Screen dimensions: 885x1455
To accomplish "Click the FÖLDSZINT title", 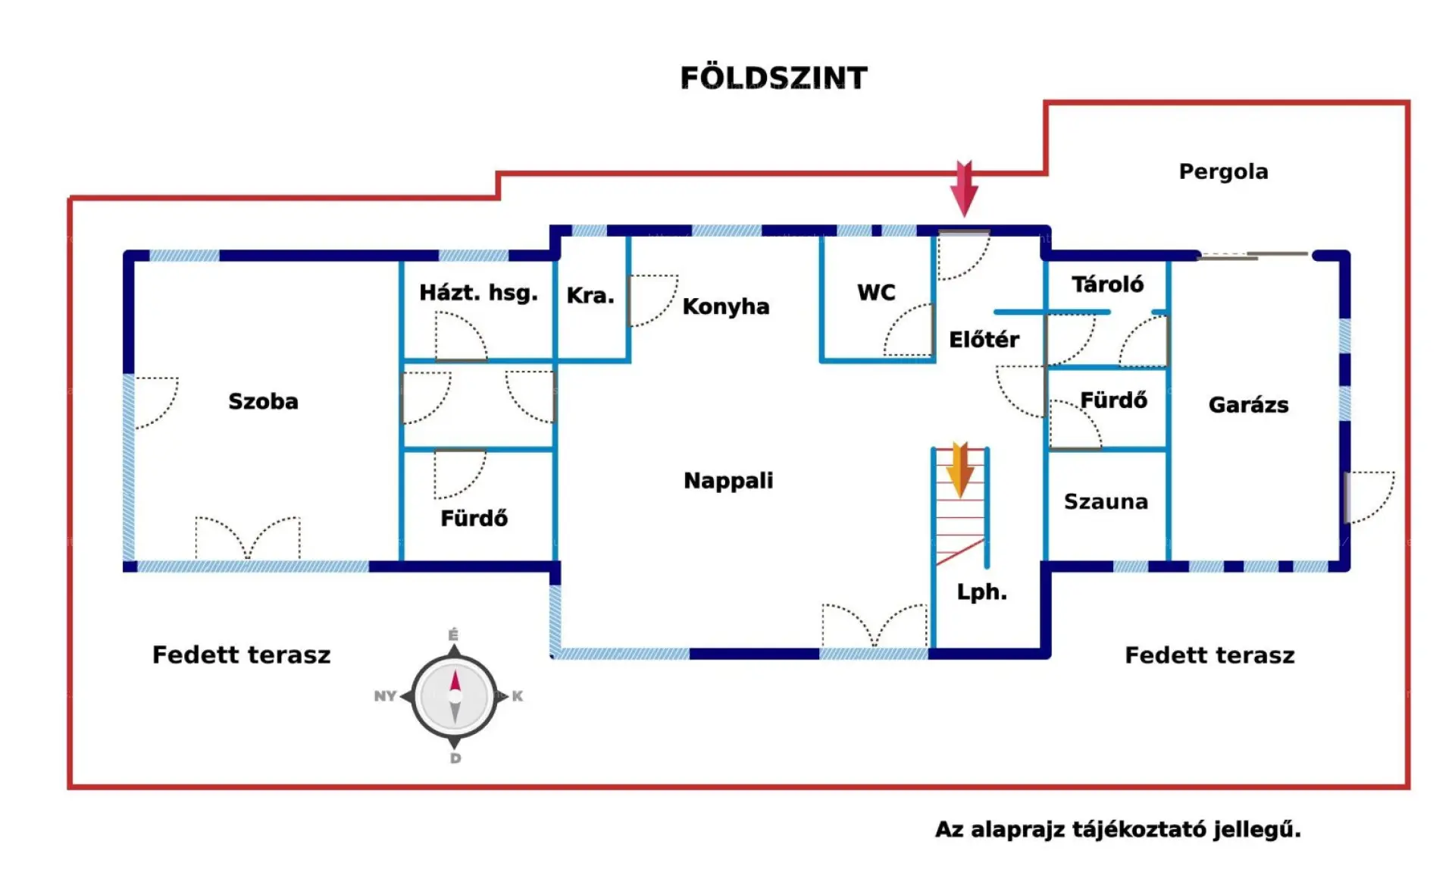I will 773,78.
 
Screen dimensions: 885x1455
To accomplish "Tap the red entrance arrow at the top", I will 964,188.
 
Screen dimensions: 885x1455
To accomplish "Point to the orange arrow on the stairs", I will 959,469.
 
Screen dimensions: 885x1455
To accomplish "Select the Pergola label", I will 1223,172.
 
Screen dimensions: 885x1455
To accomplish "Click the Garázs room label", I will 1248,405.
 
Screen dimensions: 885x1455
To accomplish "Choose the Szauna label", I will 1106,501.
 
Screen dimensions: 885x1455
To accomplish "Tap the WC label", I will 876,293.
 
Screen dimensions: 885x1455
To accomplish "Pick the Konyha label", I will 725,306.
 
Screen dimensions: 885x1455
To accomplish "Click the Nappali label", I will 728,481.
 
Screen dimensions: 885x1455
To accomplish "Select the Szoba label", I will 263,401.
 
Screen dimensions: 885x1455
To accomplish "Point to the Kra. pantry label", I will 590,296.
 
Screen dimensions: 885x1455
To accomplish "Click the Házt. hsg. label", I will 478,293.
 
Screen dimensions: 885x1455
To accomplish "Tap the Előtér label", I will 984,340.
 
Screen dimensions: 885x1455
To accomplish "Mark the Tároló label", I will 1107,284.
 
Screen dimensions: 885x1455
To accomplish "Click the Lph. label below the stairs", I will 981,592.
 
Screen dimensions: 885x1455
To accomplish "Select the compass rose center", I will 455,696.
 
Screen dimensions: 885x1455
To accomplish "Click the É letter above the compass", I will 453,635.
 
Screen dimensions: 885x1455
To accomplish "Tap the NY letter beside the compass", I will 385,696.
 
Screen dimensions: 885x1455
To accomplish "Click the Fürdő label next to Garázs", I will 1113,400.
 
